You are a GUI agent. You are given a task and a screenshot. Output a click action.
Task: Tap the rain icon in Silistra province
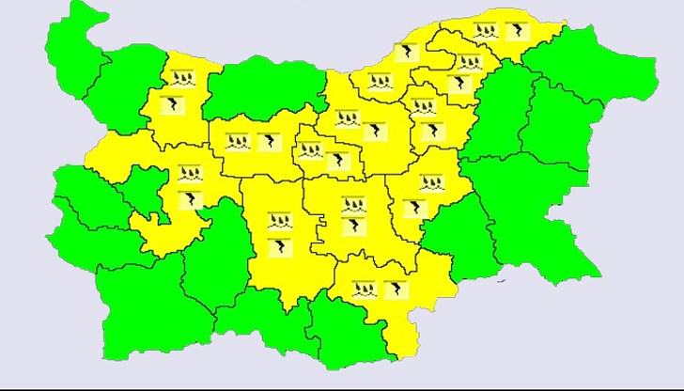pyautogui.click(x=486, y=31)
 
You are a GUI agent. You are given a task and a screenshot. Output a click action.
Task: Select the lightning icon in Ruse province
pyautogui.click(x=405, y=53)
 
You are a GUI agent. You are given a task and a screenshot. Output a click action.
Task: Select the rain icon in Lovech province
pyautogui.click(x=237, y=143)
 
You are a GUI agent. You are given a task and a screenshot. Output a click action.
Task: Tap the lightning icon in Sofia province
pyautogui.click(x=190, y=199)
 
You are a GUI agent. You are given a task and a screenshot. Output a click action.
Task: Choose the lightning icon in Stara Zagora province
pyautogui.click(x=354, y=226)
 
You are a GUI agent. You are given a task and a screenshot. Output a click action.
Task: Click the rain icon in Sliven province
pyautogui.click(x=431, y=181)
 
